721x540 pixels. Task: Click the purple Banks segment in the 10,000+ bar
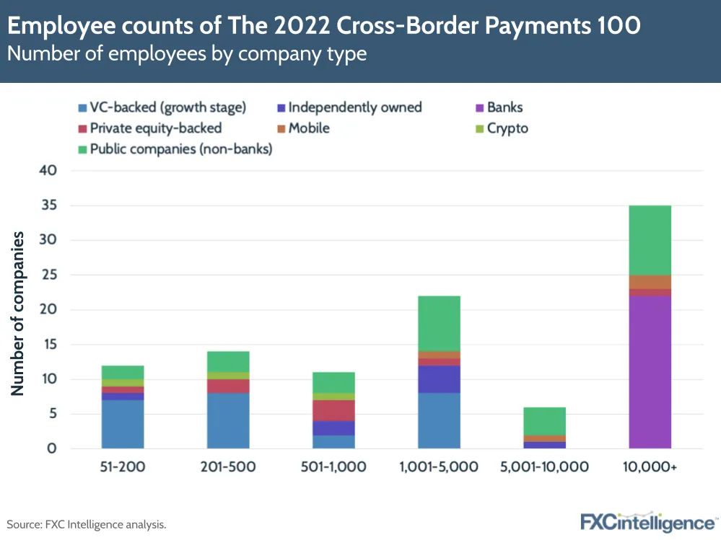pyautogui.click(x=650, y=372)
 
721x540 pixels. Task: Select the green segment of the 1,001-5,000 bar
pyautogui.click(x=439, y=323)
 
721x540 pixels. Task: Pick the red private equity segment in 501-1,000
pyautogui.click(x=333, y=410)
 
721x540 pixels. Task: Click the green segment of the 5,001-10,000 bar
pyautogui.click(x=544, y=421)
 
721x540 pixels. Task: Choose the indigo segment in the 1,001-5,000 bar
pyautogui.click(x=439, y=379)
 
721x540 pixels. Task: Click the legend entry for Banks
pyautogui.click(x=504, y=107)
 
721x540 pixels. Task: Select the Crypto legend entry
pyautogui.click(x=507, y=128)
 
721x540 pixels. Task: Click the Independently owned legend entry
pyautogui.click(x=354, y=107)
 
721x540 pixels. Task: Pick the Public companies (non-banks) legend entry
pyautogui.click(x=180, y=149)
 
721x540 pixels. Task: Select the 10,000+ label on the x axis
pyautogui.click(x=650, y=466)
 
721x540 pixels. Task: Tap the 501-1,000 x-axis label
pyautogui.click(x=333, y=466)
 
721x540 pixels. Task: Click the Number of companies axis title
pyautogui.click(x=17, y=313)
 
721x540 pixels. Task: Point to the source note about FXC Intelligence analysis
pyautogui.click(x=87, y=524)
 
